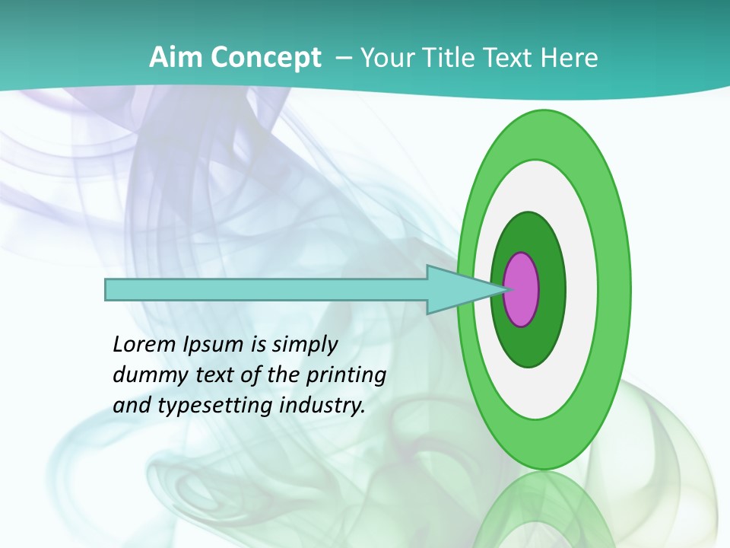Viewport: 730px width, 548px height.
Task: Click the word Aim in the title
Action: [x=176, y=58]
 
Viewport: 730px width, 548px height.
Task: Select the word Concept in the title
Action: [x=265, y=58]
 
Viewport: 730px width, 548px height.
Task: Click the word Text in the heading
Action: [x=508, y=58]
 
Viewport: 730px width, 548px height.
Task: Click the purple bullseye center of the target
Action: [x=522, y=289]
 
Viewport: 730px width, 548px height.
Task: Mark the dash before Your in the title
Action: [x=343, y=58]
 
